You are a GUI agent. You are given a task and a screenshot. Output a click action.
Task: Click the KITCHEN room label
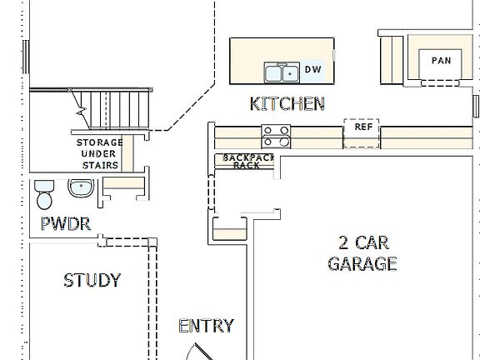(x=287, y=104)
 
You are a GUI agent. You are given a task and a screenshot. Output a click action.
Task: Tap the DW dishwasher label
(x=312, y=69)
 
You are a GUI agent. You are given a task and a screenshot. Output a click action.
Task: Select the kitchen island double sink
(x=282, y=74)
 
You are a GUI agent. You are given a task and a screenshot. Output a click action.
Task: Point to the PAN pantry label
(x=440, y=61)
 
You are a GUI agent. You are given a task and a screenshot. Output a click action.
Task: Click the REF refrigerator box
(x=362, y=132)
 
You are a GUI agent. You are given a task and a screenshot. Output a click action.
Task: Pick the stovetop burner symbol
(x=276, y=135)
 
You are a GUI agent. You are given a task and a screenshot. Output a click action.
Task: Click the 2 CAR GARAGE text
(x=362, y=253)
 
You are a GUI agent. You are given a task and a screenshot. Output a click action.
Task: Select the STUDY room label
(x=92, y=280)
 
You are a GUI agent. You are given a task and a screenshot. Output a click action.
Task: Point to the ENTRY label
(x=206, y=326)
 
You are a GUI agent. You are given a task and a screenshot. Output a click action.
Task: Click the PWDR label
(x=65, y=223)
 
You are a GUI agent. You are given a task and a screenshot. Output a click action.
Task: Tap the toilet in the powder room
(x=44, y=194)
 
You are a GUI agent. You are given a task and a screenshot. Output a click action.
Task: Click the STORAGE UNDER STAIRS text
(x=100, y=153)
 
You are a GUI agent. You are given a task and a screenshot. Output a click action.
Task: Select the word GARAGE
(x=362, y=264)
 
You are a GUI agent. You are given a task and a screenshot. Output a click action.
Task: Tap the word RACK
(x=246, y=165)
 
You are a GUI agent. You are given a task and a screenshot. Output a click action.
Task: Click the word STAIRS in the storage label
(x=100, y=164)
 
